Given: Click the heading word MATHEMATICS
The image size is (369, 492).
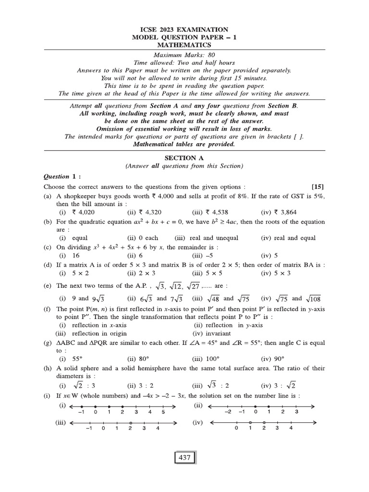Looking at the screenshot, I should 184,45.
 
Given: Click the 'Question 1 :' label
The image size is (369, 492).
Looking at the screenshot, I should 62,176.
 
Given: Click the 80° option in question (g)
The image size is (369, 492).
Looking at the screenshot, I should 138,358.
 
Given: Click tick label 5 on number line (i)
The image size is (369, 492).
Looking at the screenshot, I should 163,412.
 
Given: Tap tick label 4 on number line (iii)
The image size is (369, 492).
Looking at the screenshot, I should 158,429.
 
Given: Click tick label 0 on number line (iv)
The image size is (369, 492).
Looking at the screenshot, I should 236,429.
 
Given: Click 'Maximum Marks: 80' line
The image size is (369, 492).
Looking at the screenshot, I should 184,55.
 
